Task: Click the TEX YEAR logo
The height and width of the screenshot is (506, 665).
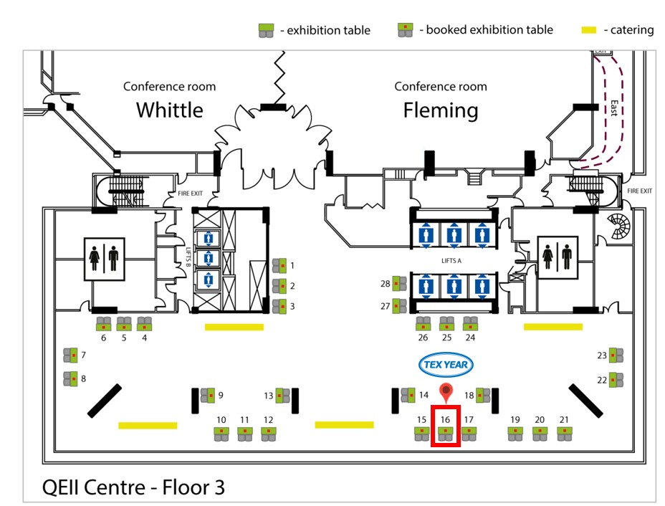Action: pyautogui.click(x=445, y=365)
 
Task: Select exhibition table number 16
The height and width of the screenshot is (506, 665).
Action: pyautogui.click(x=445, y=434)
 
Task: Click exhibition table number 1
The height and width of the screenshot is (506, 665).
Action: pyautogui.click(x=279, y=266)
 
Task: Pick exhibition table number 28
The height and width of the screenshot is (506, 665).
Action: pyautogui.click(x=399, y=283)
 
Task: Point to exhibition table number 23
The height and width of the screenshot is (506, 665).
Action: pyautogui.click(x=616, y=355)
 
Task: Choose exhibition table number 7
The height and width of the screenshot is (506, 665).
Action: pyautogui.click(x=70, y=355)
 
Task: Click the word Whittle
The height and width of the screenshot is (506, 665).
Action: pyautogui.click(x=170, y=110)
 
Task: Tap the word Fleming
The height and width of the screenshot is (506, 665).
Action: pyautogui.click(x=441, y=110)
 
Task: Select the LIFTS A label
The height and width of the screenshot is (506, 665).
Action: pyautogui.click(x=451, y=261)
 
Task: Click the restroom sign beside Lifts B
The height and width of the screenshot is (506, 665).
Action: pyautogui.click(x=105, y=259)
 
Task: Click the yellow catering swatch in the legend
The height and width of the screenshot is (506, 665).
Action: pyautogui.click(x=588, y=30)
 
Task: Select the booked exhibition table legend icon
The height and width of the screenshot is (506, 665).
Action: pyautogui.click(x=405, y=30)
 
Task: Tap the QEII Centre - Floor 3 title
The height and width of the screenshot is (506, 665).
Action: pyautogui.click(x=133, y=487)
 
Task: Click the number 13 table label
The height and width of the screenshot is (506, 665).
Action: pyautogui.click(x=269, y=396)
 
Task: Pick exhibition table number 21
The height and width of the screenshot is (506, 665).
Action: pyautogui.click(x=565, y=434)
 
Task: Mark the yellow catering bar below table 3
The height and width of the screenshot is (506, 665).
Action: pyautogui.click(x=234, y=327)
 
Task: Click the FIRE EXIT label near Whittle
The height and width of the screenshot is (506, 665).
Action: pyautogui.click(x=191, y=194)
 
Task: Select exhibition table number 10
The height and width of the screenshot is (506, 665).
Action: pyautogui.click(x=221, y=434)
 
